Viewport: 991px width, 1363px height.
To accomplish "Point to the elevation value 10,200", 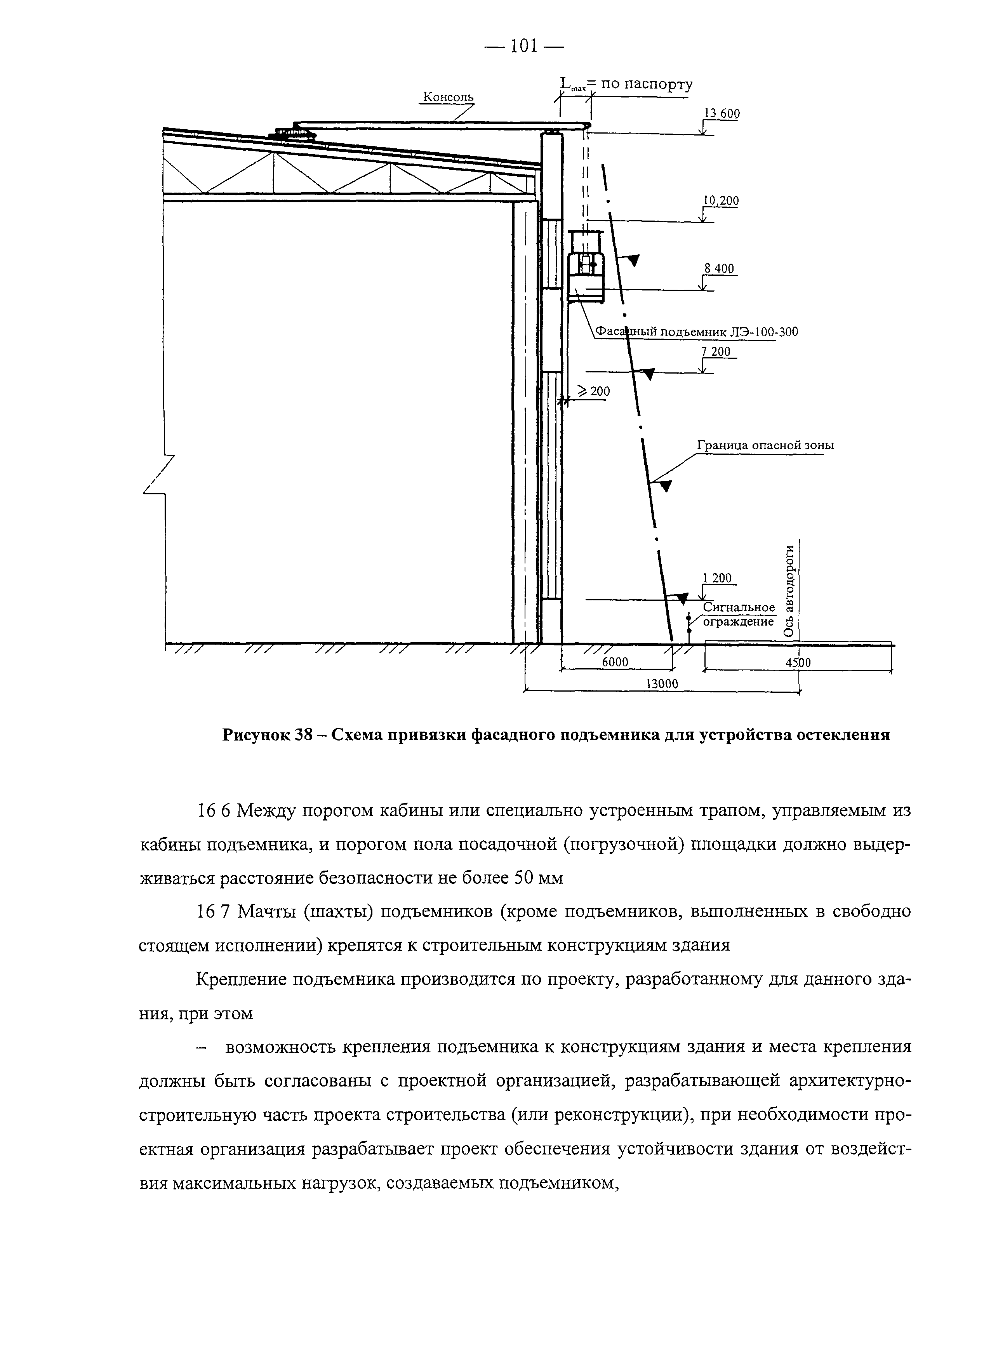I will point(721,201).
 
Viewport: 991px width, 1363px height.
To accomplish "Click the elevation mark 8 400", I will point(719,269).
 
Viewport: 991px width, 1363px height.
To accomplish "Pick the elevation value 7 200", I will point(719,351).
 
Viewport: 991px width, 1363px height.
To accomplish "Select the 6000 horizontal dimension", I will point(615,662).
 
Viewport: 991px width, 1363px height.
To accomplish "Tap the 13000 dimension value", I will point(661,684).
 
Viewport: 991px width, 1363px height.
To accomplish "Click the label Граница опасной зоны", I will point(765,445).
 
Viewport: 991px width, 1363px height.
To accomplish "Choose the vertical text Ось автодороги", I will point(789,590).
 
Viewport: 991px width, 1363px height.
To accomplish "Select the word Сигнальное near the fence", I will point(739,608).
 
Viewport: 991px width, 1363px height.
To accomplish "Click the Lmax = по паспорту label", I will point(625,85).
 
